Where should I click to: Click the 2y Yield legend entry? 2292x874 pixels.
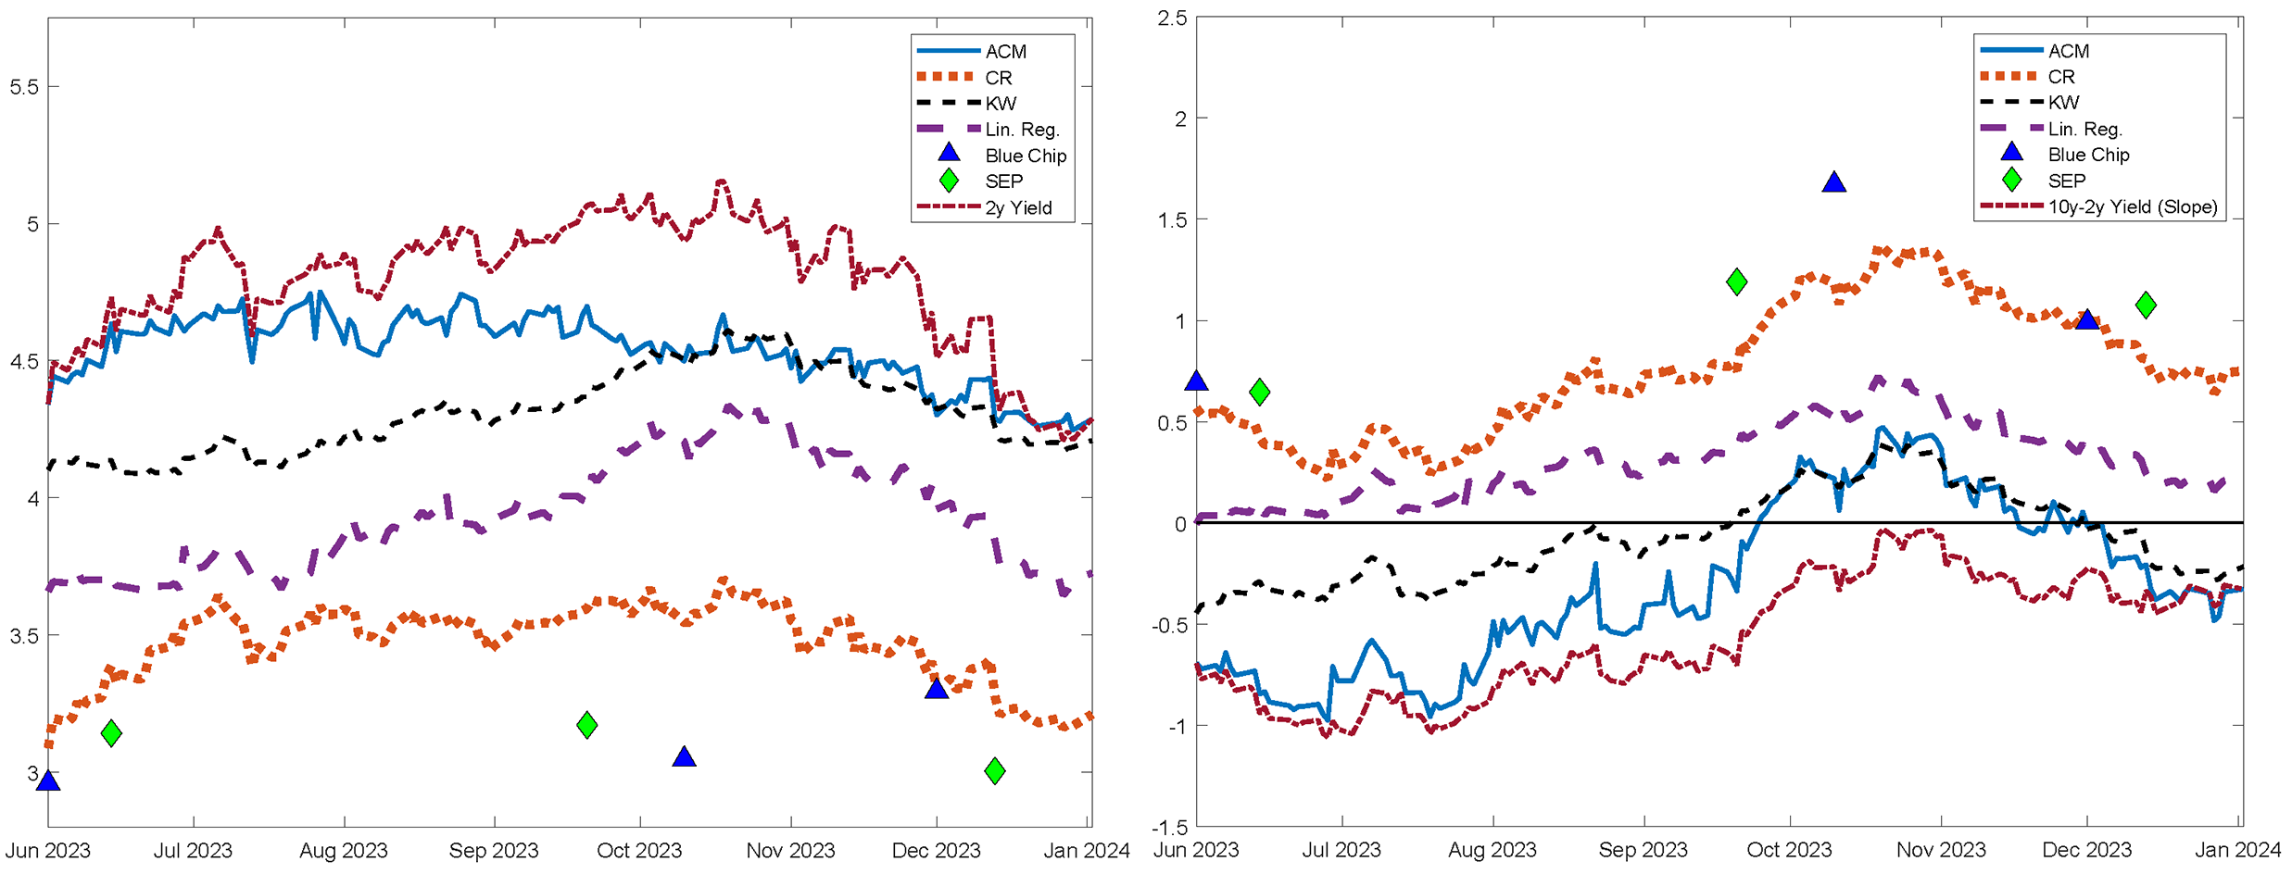(x=1018, y=207)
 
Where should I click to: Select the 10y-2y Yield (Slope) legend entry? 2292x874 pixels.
(x=2132, y=206)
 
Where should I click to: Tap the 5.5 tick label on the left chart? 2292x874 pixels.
(x=24, y=87)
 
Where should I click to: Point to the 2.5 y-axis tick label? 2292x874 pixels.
(x=1172, y=19)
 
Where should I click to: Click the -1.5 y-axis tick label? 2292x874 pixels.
(x=1169, y=827)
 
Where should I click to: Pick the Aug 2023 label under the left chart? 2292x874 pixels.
(x=344, y=851)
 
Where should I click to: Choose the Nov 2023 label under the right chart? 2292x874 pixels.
(x=1941, y=850)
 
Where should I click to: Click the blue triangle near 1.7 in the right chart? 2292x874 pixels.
(x=1833, y=182)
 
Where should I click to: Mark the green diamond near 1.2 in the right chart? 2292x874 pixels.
(x=1737, y=281)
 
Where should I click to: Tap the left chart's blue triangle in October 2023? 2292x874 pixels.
(x=684, y=757)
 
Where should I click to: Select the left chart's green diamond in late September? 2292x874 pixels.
(x=586, y=725)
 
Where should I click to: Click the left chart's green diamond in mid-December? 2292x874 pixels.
(x=995, y=770)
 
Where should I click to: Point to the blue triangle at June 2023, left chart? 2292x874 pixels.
(x=48, y=780)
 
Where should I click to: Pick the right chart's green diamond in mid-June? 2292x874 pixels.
(x=1259, y=392)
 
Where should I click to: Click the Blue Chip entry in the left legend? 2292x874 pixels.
(x=1025, y=156)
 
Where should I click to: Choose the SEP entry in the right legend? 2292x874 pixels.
(x=2066, y=181)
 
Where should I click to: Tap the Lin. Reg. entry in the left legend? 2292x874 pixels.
(x=1021, y=130)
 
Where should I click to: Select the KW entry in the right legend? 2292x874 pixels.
(x=2063, y=102)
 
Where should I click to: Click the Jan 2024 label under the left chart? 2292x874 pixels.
(x=1087, y=851)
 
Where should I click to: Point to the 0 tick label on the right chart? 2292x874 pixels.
(x=1179, y=524)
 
